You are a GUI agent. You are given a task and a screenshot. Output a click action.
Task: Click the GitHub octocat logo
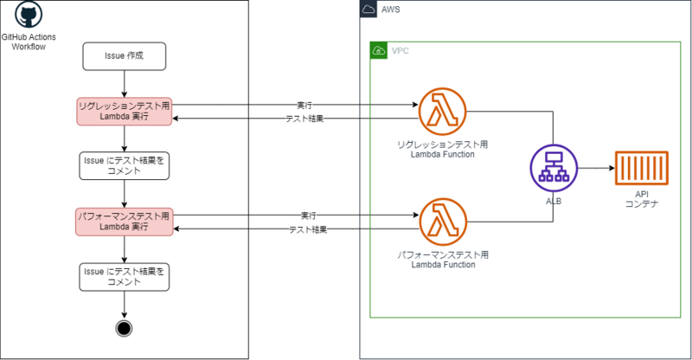point(29,15)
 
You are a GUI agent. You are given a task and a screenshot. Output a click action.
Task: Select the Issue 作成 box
point(124,56)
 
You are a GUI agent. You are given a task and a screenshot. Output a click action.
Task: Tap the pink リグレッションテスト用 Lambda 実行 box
point(124,112)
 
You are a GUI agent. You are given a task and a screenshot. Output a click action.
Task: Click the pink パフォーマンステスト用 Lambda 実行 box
point(124,222)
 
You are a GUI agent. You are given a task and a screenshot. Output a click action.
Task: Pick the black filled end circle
point(124,329)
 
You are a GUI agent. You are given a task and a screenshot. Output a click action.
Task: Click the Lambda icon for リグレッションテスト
point(442,112)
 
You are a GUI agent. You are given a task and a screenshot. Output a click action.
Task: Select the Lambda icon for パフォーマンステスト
point(443,222)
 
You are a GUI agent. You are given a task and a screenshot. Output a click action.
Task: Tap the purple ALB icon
point(554,168)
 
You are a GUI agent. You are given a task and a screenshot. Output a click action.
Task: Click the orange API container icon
point(642,168)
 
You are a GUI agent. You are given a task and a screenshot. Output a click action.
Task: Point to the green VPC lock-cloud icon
point(379,51)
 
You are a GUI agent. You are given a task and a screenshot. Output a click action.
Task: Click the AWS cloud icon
point(368,9)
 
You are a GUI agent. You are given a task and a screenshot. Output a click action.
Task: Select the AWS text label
point(391,10)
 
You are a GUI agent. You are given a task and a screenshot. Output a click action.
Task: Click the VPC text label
point(400,51)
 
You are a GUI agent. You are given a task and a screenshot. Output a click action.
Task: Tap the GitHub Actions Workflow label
point(29,42)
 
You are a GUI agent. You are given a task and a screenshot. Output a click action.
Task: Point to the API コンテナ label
point(642,199)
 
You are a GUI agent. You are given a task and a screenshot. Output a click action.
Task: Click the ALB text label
point(554,202)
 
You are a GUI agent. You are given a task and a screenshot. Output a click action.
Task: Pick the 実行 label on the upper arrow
point(304,105)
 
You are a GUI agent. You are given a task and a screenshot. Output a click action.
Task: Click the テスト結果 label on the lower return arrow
point(308,229)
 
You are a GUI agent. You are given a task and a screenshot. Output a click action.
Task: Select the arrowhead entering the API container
point(612,168)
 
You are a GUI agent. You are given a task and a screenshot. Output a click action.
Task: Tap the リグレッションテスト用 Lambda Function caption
point(443,150)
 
